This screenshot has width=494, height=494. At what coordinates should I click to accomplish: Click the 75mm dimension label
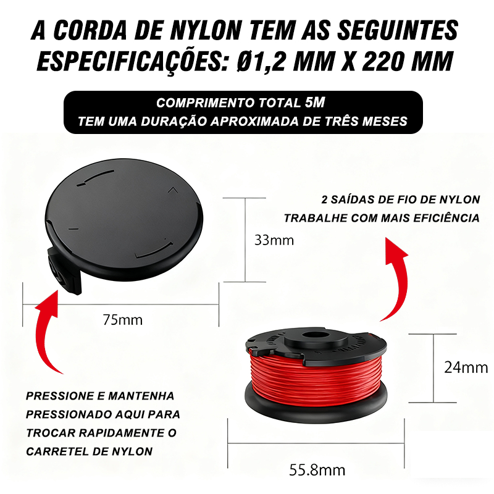[x=122, y=320]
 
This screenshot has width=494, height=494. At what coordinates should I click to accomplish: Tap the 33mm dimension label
[x=274, y=240]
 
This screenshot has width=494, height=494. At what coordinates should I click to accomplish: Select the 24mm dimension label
[x=466, y=367]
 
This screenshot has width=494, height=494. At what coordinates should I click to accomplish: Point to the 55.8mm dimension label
[x=317, y=470]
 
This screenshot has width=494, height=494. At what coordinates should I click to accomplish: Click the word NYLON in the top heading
[x=206, y=30]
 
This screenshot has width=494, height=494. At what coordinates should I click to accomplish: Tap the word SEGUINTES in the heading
[x=398, y=30]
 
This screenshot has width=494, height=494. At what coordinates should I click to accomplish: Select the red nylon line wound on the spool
[x=316, y=378]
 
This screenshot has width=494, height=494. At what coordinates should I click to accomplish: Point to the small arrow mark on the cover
[x=173, y=190]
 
